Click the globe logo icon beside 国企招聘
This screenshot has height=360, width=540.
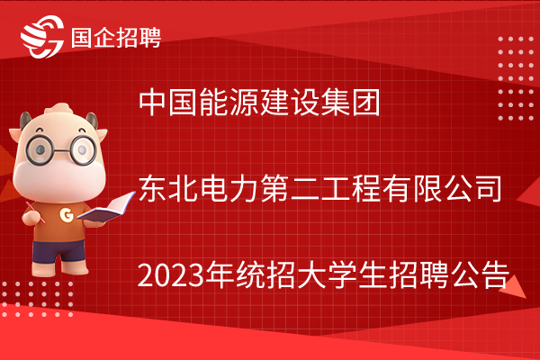[x=42, y=37]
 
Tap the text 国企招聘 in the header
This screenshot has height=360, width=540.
[x=116, y=38]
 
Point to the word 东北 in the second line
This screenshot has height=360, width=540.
[x=168, y=188]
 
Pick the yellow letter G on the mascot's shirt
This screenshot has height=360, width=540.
[x=67, y=215]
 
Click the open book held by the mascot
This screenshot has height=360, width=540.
[x=106, y=208]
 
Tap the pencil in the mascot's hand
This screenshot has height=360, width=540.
[x=35, y=212]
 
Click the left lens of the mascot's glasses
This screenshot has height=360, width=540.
[x=40, y=149]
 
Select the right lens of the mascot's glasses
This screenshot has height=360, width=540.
[x=84, y=150]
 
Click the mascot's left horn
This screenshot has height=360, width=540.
[x=25, y=121]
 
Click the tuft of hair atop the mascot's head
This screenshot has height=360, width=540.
[x=59, y=109]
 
